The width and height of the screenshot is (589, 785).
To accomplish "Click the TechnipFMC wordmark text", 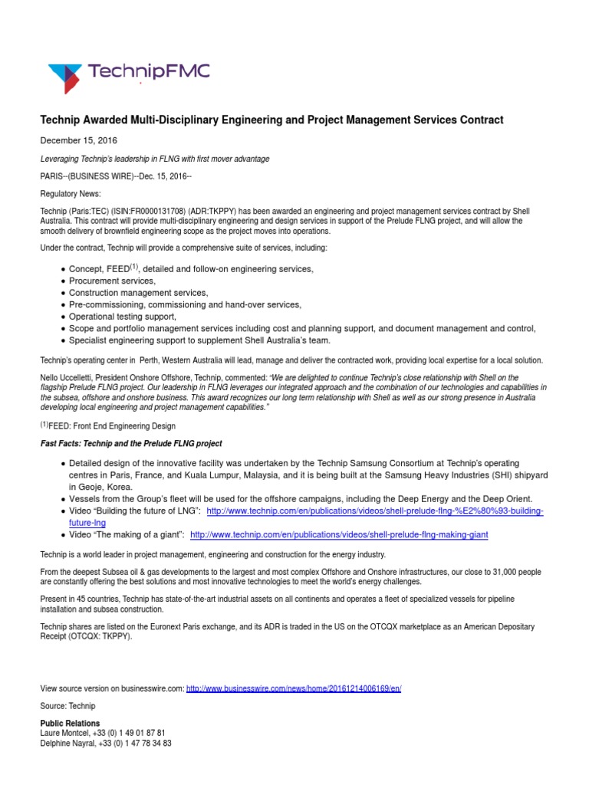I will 148,74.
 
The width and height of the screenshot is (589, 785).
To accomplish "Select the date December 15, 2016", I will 78,141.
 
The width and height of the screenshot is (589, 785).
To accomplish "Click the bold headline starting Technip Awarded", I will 271,120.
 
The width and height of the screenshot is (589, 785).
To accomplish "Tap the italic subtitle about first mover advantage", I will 154,159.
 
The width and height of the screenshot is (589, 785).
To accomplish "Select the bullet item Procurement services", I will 112,281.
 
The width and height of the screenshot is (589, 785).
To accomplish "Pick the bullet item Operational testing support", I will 122,317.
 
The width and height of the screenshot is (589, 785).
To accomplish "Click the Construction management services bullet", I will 138,293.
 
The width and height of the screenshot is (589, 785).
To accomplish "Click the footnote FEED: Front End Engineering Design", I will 111,426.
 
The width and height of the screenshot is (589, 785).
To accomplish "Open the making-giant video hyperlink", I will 339,534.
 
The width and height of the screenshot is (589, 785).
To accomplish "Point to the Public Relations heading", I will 70,723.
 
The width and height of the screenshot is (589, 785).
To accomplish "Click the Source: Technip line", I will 67,705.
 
